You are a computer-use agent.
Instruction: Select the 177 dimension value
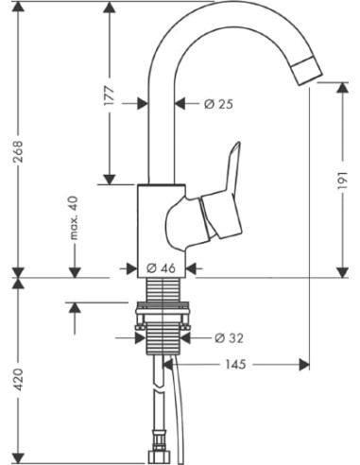[x=109, y=95]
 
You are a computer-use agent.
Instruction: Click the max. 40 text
[x=72, y=217]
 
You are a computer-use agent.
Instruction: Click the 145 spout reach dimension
[x=240, y=364]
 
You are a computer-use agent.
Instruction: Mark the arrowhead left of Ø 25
[x=143, y=103]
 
